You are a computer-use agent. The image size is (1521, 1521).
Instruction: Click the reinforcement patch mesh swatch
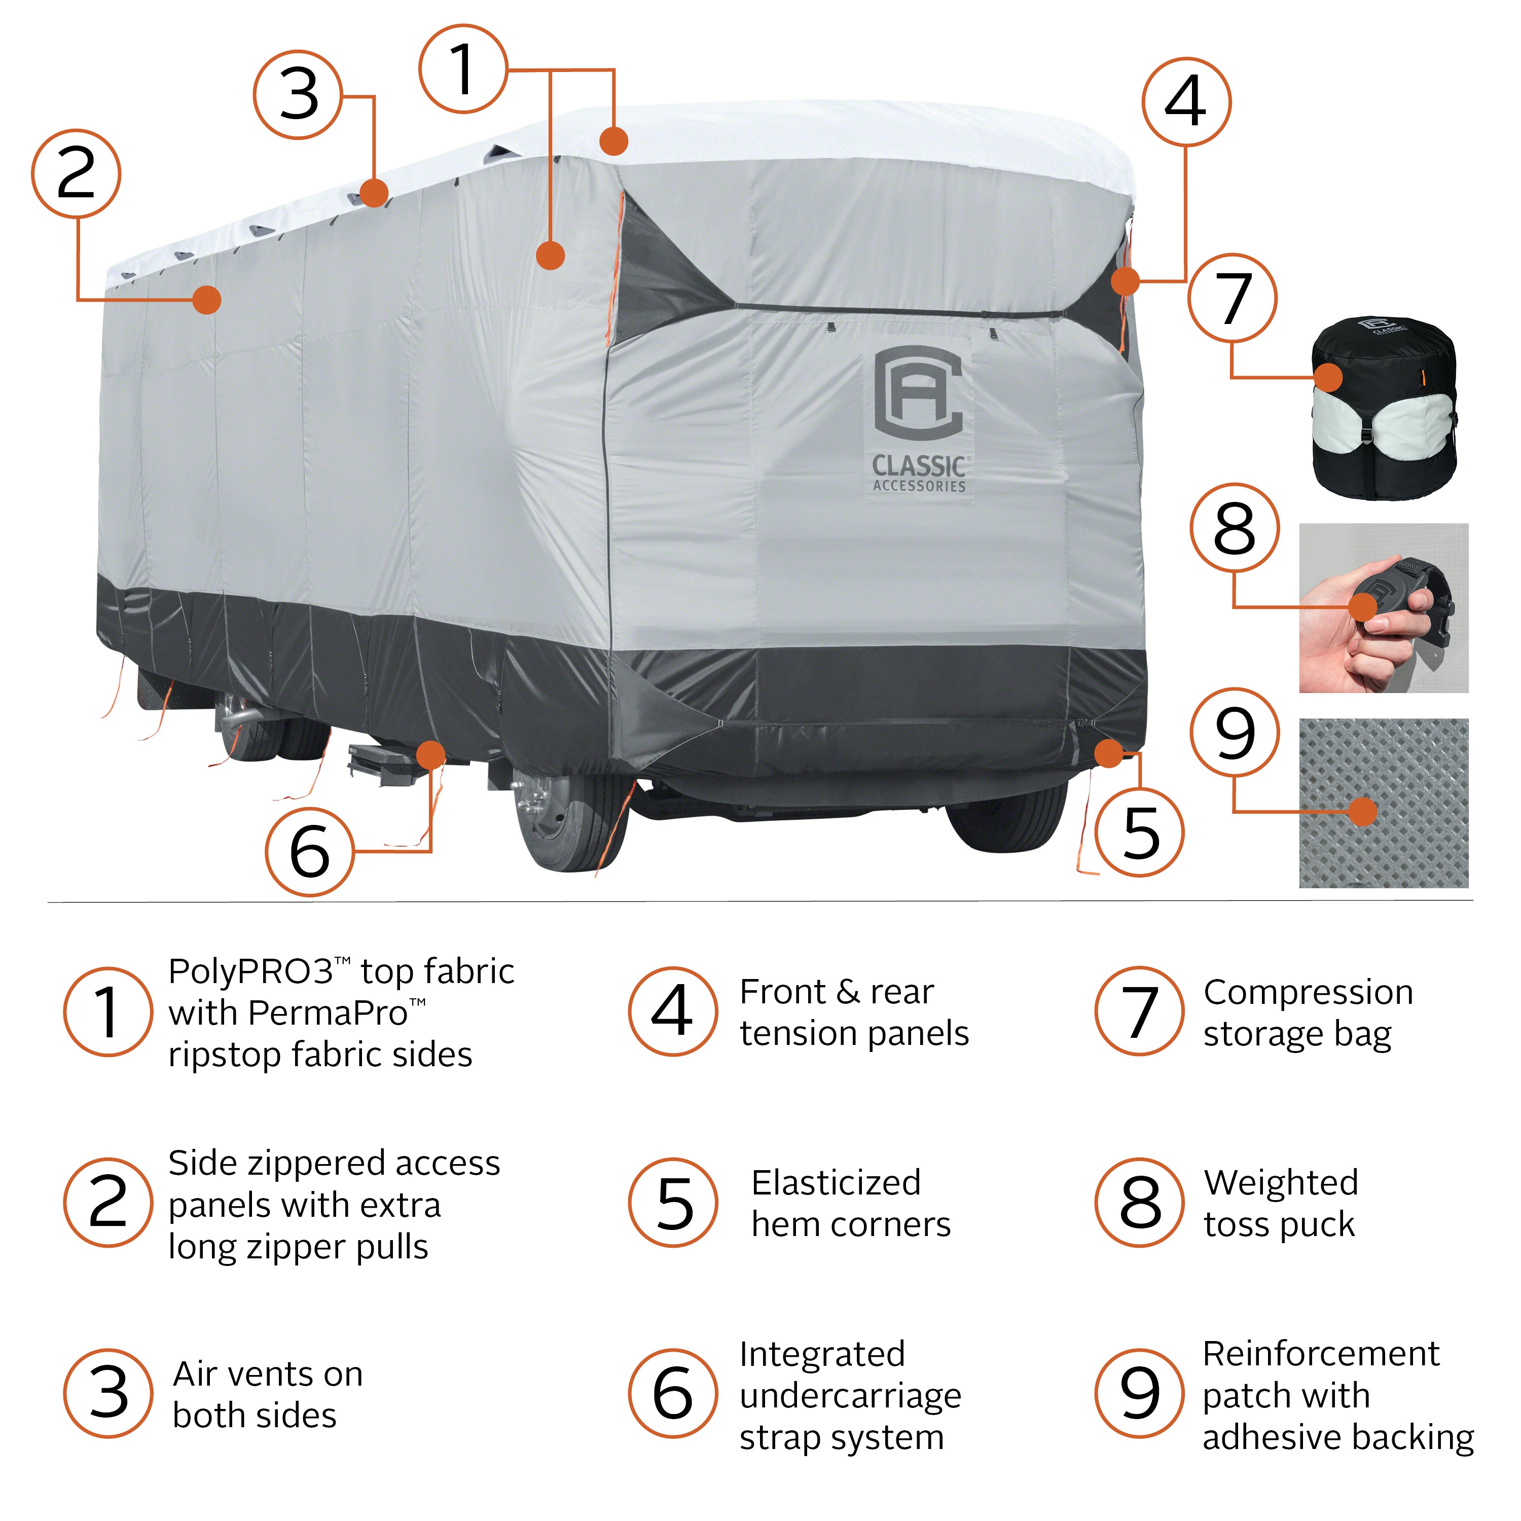[1383, 803]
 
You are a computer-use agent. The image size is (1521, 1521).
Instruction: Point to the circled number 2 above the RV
[77, 174]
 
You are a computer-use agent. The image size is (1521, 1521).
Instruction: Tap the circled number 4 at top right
[1186, 101]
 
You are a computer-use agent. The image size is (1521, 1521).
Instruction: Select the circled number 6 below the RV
[309, 852]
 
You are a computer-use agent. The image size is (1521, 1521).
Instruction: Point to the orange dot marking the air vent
[374, 193]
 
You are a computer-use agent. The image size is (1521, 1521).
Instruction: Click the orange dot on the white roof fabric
[614, 141]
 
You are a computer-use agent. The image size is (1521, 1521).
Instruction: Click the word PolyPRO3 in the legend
[250, 971]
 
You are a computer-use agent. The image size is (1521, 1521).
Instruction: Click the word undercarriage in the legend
[850, 1396]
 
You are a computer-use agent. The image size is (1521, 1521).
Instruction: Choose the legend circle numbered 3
[108, 1393]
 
